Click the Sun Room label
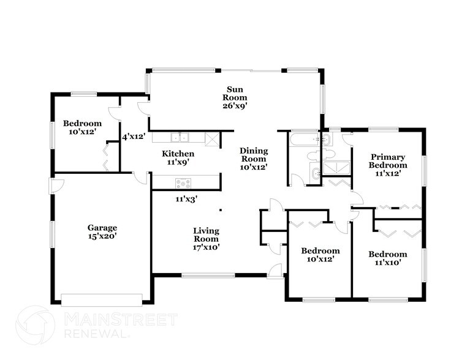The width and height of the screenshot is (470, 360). pyautogui.click(x=235, y=94)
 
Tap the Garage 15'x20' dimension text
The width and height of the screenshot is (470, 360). pyautogui.click(x=102, y=236)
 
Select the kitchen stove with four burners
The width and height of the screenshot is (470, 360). pyautogui.click(x=183, y=183)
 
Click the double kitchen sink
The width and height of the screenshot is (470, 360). pyautogui.click(x=180, y=138)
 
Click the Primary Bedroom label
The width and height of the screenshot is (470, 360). pyautogui.click(x=388, y=161)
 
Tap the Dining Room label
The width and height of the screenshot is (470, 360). pyautogui.click(x=254, y=155)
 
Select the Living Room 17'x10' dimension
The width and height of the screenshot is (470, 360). pyautogui.click(x=207, y=247)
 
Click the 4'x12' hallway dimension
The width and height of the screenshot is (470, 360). pyautogui.click(x=134, y=137)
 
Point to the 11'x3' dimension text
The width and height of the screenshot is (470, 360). pyautogui.click(x=186, y=199)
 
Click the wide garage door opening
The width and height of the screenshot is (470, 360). pyautogui.click(x=101, y=300)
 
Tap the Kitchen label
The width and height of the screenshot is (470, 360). pyautogui.click(x=178, y=154)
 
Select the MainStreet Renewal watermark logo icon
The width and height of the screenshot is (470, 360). pyautogui.click(x=36, y=325)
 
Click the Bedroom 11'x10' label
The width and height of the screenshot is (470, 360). pyautogui.click(x=387, y=258)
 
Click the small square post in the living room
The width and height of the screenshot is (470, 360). pyautogui.click(x=221, y=210)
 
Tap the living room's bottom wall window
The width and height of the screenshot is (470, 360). pyautogui.click(x=208, y=276)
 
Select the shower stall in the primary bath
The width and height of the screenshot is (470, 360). pyautogui.click(x=336, y=168)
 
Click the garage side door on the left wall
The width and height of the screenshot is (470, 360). pyautogui.click(x=56, y=186)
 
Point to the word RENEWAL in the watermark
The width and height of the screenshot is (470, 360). pyautogui.click(x=97, y=334)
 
